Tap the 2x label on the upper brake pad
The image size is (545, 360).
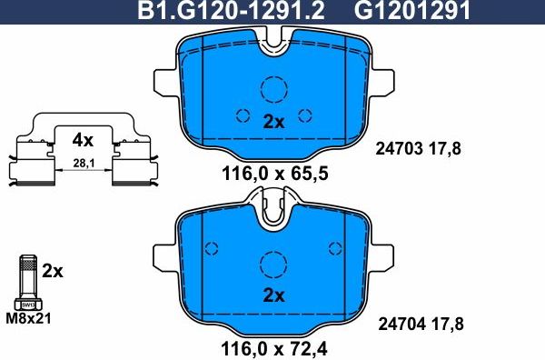273,122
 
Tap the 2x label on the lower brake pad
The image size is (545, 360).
273,295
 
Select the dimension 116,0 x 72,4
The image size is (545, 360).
273,346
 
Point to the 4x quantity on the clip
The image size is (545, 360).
83,140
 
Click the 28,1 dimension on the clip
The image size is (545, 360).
83,165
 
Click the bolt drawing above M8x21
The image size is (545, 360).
26,282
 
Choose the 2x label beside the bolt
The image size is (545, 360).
53,271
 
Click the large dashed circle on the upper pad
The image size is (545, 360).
273,89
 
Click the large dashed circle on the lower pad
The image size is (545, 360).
273,265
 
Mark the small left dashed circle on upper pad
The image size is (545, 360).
242,115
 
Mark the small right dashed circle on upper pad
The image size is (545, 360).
306,115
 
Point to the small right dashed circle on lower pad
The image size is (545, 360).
337,247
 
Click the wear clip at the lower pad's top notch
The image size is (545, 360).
273,211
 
